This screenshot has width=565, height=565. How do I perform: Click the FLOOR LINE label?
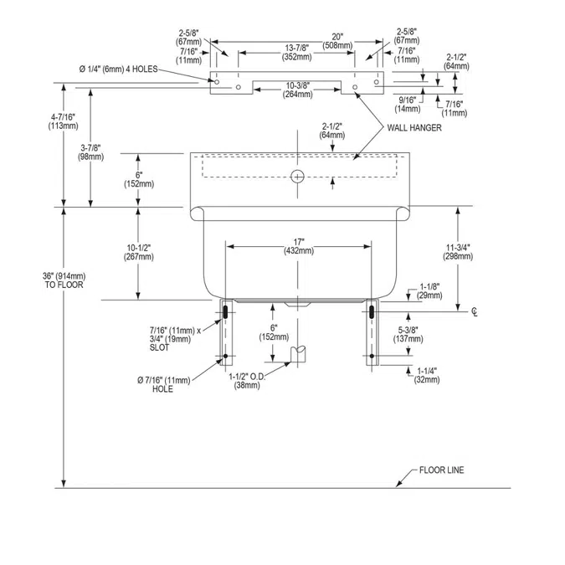pyautogui.click(x=441, y=470)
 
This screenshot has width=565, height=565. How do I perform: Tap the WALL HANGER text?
pyautogui.click(x=414, y=127)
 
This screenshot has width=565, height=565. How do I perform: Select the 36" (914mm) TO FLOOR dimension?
pyautogui.click(x=64, y=280)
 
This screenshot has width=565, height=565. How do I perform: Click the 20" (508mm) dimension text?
pyautogui.click(x=337, y=41)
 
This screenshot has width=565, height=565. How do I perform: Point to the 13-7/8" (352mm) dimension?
pyautogui.click(x=297, y=53)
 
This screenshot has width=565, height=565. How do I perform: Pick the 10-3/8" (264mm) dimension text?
pyautogui.click(x=298, y=90)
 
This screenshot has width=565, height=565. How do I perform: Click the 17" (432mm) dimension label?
pyautogui.click(x=299, y=246)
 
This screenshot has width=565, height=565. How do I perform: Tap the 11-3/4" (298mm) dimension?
pyautogui.click(x=458, y=252)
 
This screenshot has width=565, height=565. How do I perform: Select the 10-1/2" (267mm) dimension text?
pyautogui.click(x=139, y=252)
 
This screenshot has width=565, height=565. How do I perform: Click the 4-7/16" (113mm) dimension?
pyautogui.click(x=63, y=121)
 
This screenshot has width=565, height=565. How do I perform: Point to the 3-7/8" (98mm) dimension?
pyautogui.click(x=90, y=152)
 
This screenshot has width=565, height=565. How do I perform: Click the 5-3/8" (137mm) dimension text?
pyautogui.click(x=408, y=334)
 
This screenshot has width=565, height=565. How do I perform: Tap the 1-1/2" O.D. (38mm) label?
pyautogui.click(x=247, y=381)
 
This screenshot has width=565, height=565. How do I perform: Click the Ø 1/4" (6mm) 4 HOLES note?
pyautogui.click(x=118, y=69)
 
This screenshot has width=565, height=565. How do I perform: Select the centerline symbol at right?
pyautogui.click(x=475, y=312)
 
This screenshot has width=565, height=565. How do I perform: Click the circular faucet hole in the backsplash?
pyautogui.click(x=297, y=177)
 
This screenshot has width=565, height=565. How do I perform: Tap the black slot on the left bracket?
pyautogui.click(x=225, y=311)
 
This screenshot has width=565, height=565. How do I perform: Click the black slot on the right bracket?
pyautogui.click(x=372, y=311)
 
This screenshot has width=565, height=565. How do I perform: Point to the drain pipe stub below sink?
pyautogui.click(x=298, y=354)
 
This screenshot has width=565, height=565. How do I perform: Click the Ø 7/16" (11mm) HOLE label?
pyautogui.click(x=163, y=384)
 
